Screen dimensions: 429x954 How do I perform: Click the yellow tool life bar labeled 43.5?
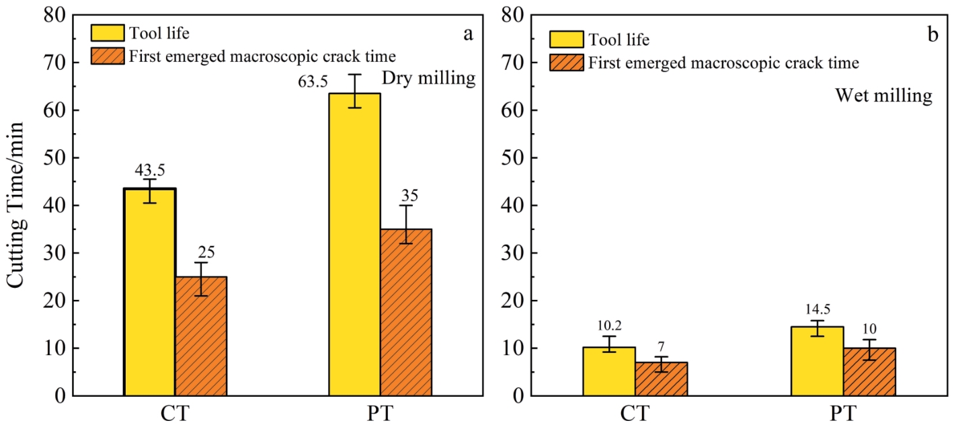click(x=150, y=292)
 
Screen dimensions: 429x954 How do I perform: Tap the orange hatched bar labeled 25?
click(x=201, y=336)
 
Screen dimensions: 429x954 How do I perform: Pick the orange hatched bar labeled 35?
click(x=405, y=312)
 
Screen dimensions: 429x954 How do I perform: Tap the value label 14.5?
click(x=817, y=311)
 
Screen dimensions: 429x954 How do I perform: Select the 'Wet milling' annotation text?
click(x=883, y=96)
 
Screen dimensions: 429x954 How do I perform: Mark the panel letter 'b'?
click(x=932, y=35)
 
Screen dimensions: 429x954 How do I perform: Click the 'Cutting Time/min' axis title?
click(x=16, y=205)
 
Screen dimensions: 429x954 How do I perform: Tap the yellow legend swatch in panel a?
click(x=108, y=32)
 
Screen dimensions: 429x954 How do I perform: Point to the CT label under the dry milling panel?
click(x=175, y=413)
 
